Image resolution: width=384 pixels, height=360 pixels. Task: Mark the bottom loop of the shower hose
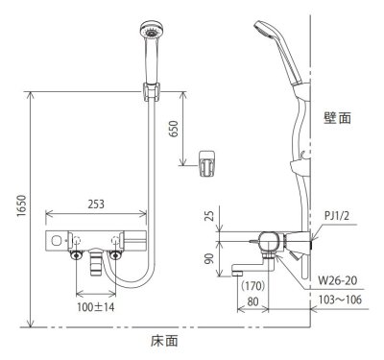pyautogui.click(x=134, y=285)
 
